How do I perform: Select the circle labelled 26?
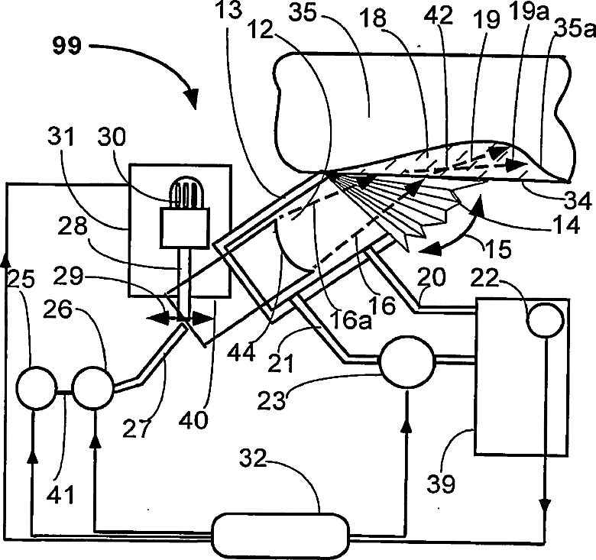[x=92, y=390]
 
